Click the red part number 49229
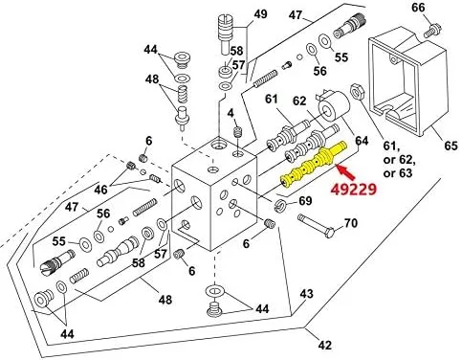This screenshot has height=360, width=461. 353,190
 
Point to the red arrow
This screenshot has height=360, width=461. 346,172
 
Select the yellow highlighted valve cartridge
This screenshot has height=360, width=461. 314,164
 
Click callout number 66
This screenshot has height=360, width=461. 418,7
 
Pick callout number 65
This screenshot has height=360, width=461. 450,146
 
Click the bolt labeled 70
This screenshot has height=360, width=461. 316,225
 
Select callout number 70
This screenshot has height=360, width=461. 351,223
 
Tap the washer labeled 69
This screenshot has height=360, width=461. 280,205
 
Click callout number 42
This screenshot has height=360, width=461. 324,345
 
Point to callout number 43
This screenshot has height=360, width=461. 306,293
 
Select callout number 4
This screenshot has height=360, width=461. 230,113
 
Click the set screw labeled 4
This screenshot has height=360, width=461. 237,131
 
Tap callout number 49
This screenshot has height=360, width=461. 260,14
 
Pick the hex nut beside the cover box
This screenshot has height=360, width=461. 357,92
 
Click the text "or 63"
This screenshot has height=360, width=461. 398,173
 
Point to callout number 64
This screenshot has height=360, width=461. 362,141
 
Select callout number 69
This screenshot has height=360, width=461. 305,201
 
